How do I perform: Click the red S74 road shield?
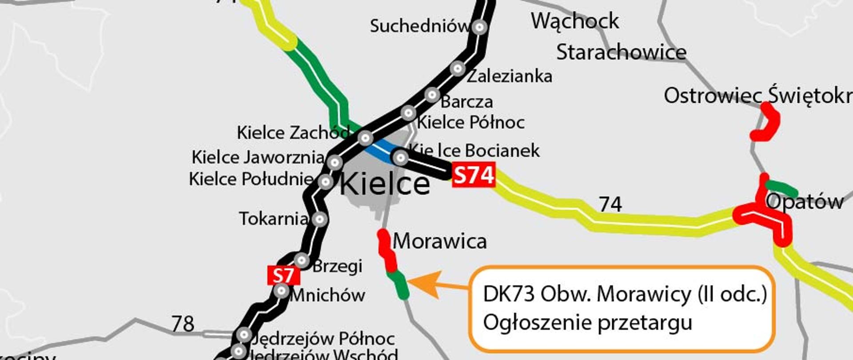[473, 175]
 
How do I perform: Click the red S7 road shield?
[283, 276]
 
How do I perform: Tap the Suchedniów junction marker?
[479, 27]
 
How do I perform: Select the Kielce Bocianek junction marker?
[401, 157]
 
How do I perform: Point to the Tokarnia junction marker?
[319, 219]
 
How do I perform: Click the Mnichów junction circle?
[282, 291]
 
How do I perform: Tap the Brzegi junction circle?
[302, 260]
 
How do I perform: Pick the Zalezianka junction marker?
[458, 69]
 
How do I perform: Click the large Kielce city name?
[385, 184]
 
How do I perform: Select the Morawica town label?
[440, 241]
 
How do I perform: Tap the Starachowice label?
[621, 52]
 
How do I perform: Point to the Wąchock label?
[574, 21]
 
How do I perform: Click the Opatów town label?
[805, 202]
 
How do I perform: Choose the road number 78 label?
[183, 324]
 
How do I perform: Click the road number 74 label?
[610, 204]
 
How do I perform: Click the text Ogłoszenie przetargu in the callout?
[587, 322]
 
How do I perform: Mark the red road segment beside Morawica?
[386, 250]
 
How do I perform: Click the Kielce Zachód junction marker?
[365, 138]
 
